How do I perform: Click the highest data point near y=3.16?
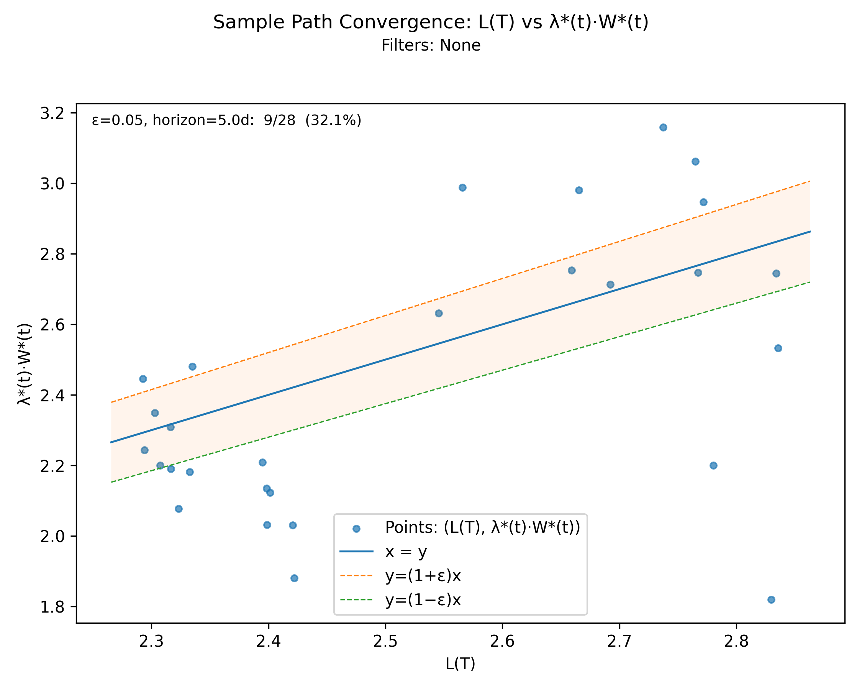[663, 128]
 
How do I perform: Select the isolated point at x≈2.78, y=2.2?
[713, 466]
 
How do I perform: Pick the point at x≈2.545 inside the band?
[439, 313]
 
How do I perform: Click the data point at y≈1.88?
[294, 578]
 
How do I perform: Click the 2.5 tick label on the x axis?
[385, 642]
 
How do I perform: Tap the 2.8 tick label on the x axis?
[736, 642]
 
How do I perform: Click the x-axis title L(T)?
[460, 664]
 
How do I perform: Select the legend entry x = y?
[406, 552]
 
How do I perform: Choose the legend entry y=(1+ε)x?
[423, 576]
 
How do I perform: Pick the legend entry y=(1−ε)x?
[423, 600]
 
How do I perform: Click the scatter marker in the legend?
[356, 529]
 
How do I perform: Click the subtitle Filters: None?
[431, 45]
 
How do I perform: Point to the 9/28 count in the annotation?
[279, 120]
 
